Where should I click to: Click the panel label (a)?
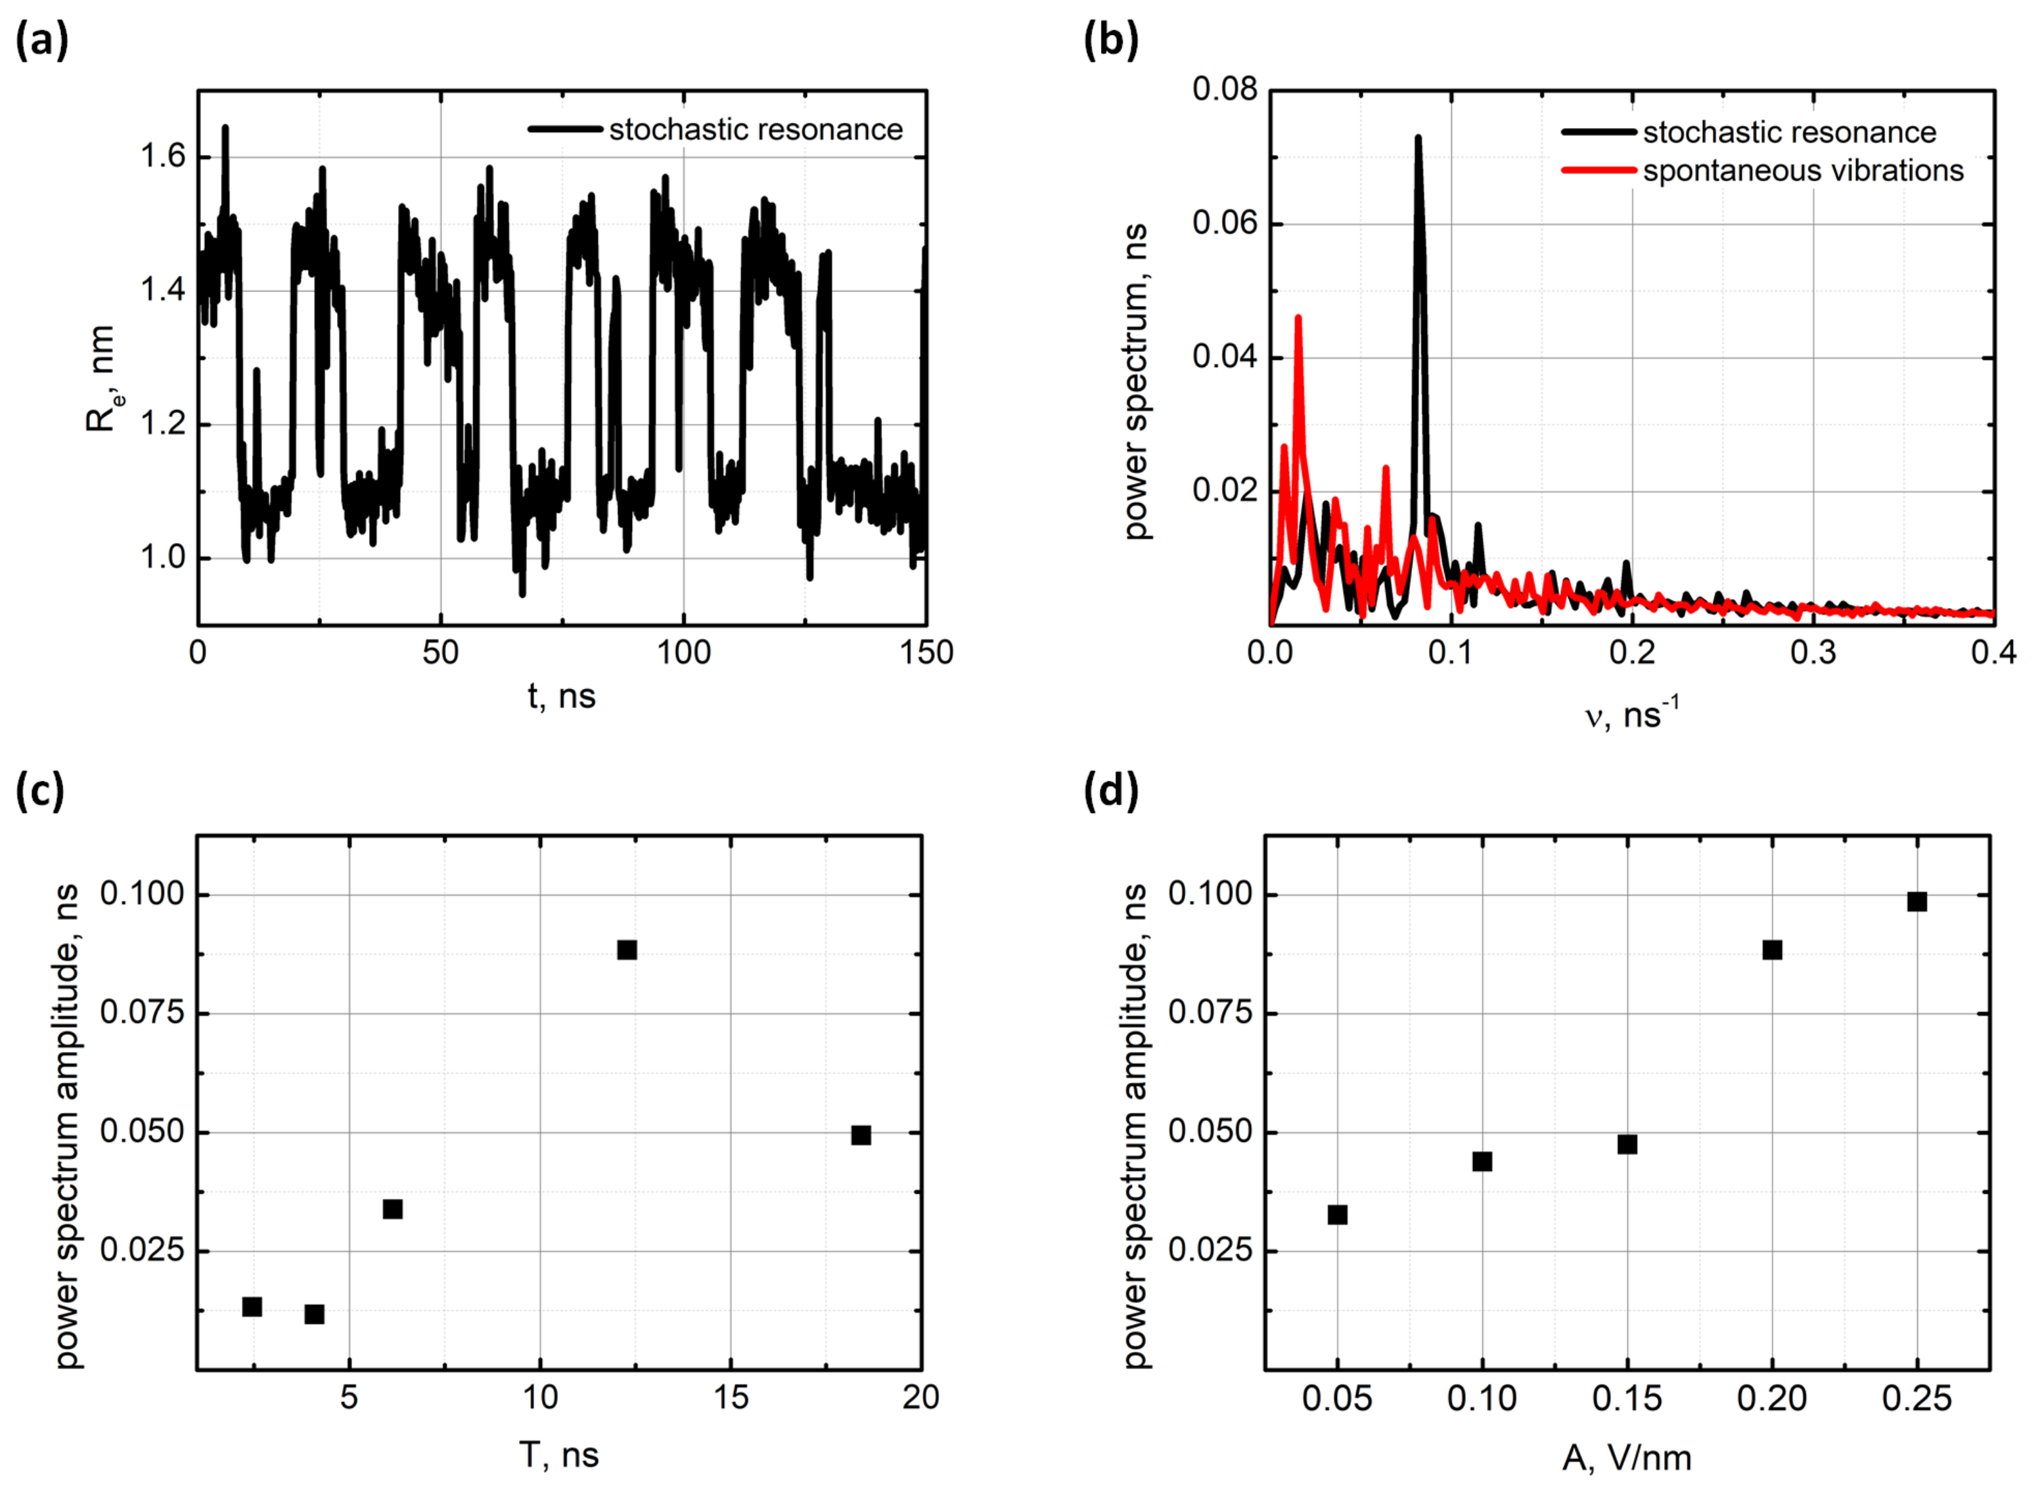(41, 41)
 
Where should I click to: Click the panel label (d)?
(1111, 791)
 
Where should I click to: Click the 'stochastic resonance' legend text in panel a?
(755, 130)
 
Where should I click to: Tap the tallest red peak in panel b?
(1298, 318)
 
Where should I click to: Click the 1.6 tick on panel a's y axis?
(162, 157)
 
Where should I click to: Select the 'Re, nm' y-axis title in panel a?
(101, 378)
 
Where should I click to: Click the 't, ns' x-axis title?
(561, 696)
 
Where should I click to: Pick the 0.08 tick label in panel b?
(1223, 89)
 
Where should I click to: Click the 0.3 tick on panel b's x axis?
(1813, 652)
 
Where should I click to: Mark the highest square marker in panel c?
(627, 950)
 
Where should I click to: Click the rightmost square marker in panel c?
(861, 1135)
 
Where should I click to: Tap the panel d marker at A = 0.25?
(1917, 902)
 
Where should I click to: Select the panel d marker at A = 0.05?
(1337, 1215)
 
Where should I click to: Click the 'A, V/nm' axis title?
(1626, 1456)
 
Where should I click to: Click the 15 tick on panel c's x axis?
(731, 1397)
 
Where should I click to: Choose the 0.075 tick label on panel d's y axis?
(1211, 1013)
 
